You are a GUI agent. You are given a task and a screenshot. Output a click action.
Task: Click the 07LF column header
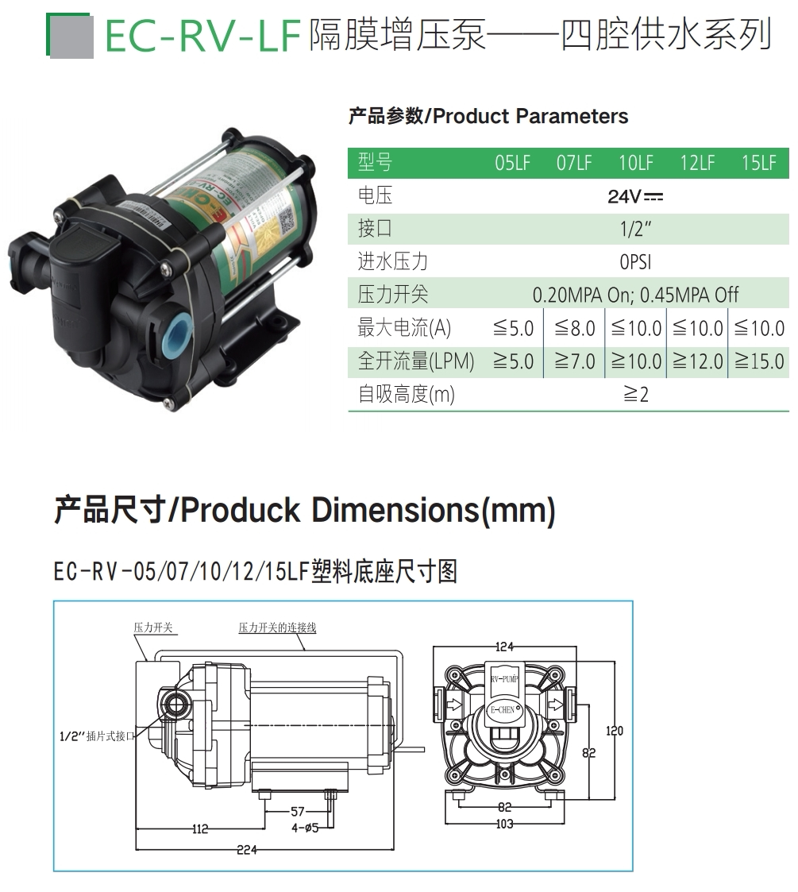pos(574,164)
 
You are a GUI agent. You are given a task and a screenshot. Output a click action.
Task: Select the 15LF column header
pos(759,164)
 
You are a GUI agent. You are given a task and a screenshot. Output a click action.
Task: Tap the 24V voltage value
pos(635,196)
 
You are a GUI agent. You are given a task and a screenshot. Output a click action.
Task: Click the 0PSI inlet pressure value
pos(635,262)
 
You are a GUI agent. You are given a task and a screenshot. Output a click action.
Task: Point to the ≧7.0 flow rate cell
pos(574,361)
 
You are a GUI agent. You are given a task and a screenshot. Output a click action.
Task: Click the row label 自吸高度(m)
pos(406,395)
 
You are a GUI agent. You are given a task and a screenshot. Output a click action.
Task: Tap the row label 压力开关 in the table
pos(392,295)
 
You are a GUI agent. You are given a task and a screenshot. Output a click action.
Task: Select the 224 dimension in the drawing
pos(247,850)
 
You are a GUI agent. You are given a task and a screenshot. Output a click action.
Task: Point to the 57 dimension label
pos(298,812)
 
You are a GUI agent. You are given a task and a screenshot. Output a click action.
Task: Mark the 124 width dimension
pos(504,646)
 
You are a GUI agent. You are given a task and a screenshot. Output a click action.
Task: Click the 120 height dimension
pos(615,731)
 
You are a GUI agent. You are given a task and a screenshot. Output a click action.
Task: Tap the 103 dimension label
pos(504,824)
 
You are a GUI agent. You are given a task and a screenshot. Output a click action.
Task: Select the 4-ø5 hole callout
pos(304,828)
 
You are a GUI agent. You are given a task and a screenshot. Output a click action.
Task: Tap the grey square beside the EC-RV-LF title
pos(71,37)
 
